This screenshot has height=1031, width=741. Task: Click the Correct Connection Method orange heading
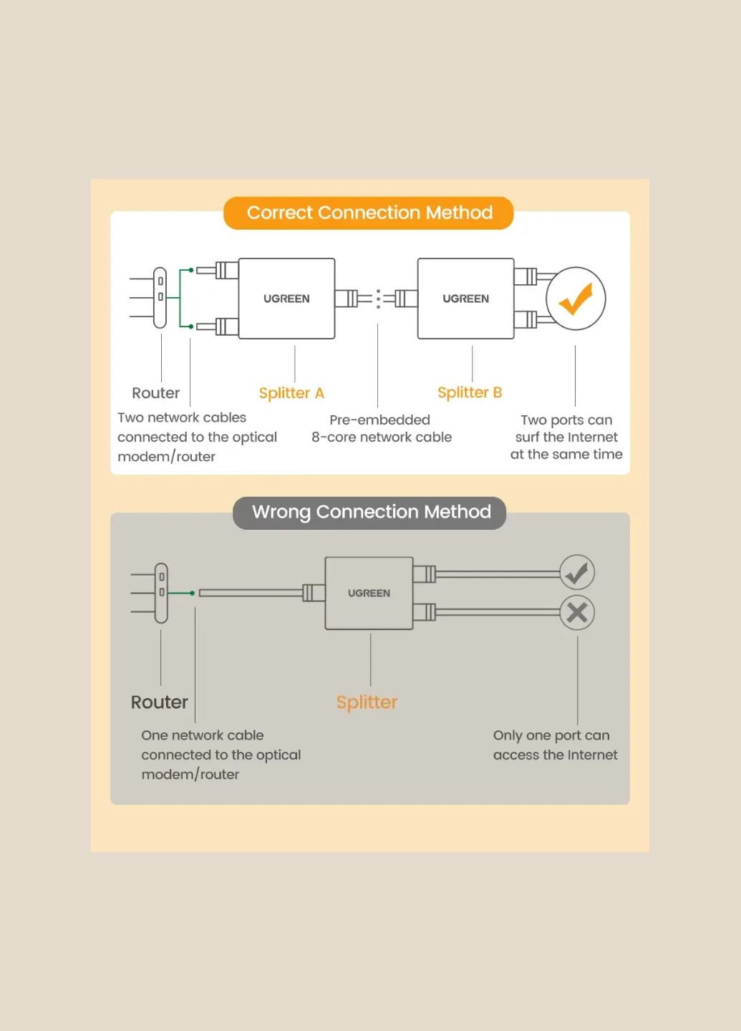[369, 213]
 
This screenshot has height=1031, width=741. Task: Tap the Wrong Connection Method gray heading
[370, 512]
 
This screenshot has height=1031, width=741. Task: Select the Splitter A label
[291, 393]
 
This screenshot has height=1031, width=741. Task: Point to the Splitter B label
[470, 392]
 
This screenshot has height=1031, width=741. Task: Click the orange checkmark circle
[576, 299]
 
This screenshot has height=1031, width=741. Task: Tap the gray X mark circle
[577, 613]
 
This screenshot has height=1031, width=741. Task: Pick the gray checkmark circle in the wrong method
[577, 573]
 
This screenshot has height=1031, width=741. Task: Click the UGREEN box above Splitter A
[286, 299]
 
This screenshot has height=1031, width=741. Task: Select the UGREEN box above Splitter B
[465, 299]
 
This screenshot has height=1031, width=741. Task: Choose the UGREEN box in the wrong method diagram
[369, 594]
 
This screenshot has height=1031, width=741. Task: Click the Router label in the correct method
[155, 393]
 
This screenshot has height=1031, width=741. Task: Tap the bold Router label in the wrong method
[159, 702]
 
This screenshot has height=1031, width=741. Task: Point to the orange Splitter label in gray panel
[367, 702]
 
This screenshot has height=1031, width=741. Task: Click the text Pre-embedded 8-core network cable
[381, 428]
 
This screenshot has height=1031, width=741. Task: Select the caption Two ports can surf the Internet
[566, 437]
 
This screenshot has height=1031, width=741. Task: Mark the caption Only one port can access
[555, 745]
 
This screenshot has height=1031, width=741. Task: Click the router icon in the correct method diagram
[160, 297]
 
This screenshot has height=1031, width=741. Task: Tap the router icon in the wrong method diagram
[161, 593]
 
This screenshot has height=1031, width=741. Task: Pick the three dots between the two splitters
[379, 299]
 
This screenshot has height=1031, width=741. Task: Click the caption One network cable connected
[221, 755]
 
